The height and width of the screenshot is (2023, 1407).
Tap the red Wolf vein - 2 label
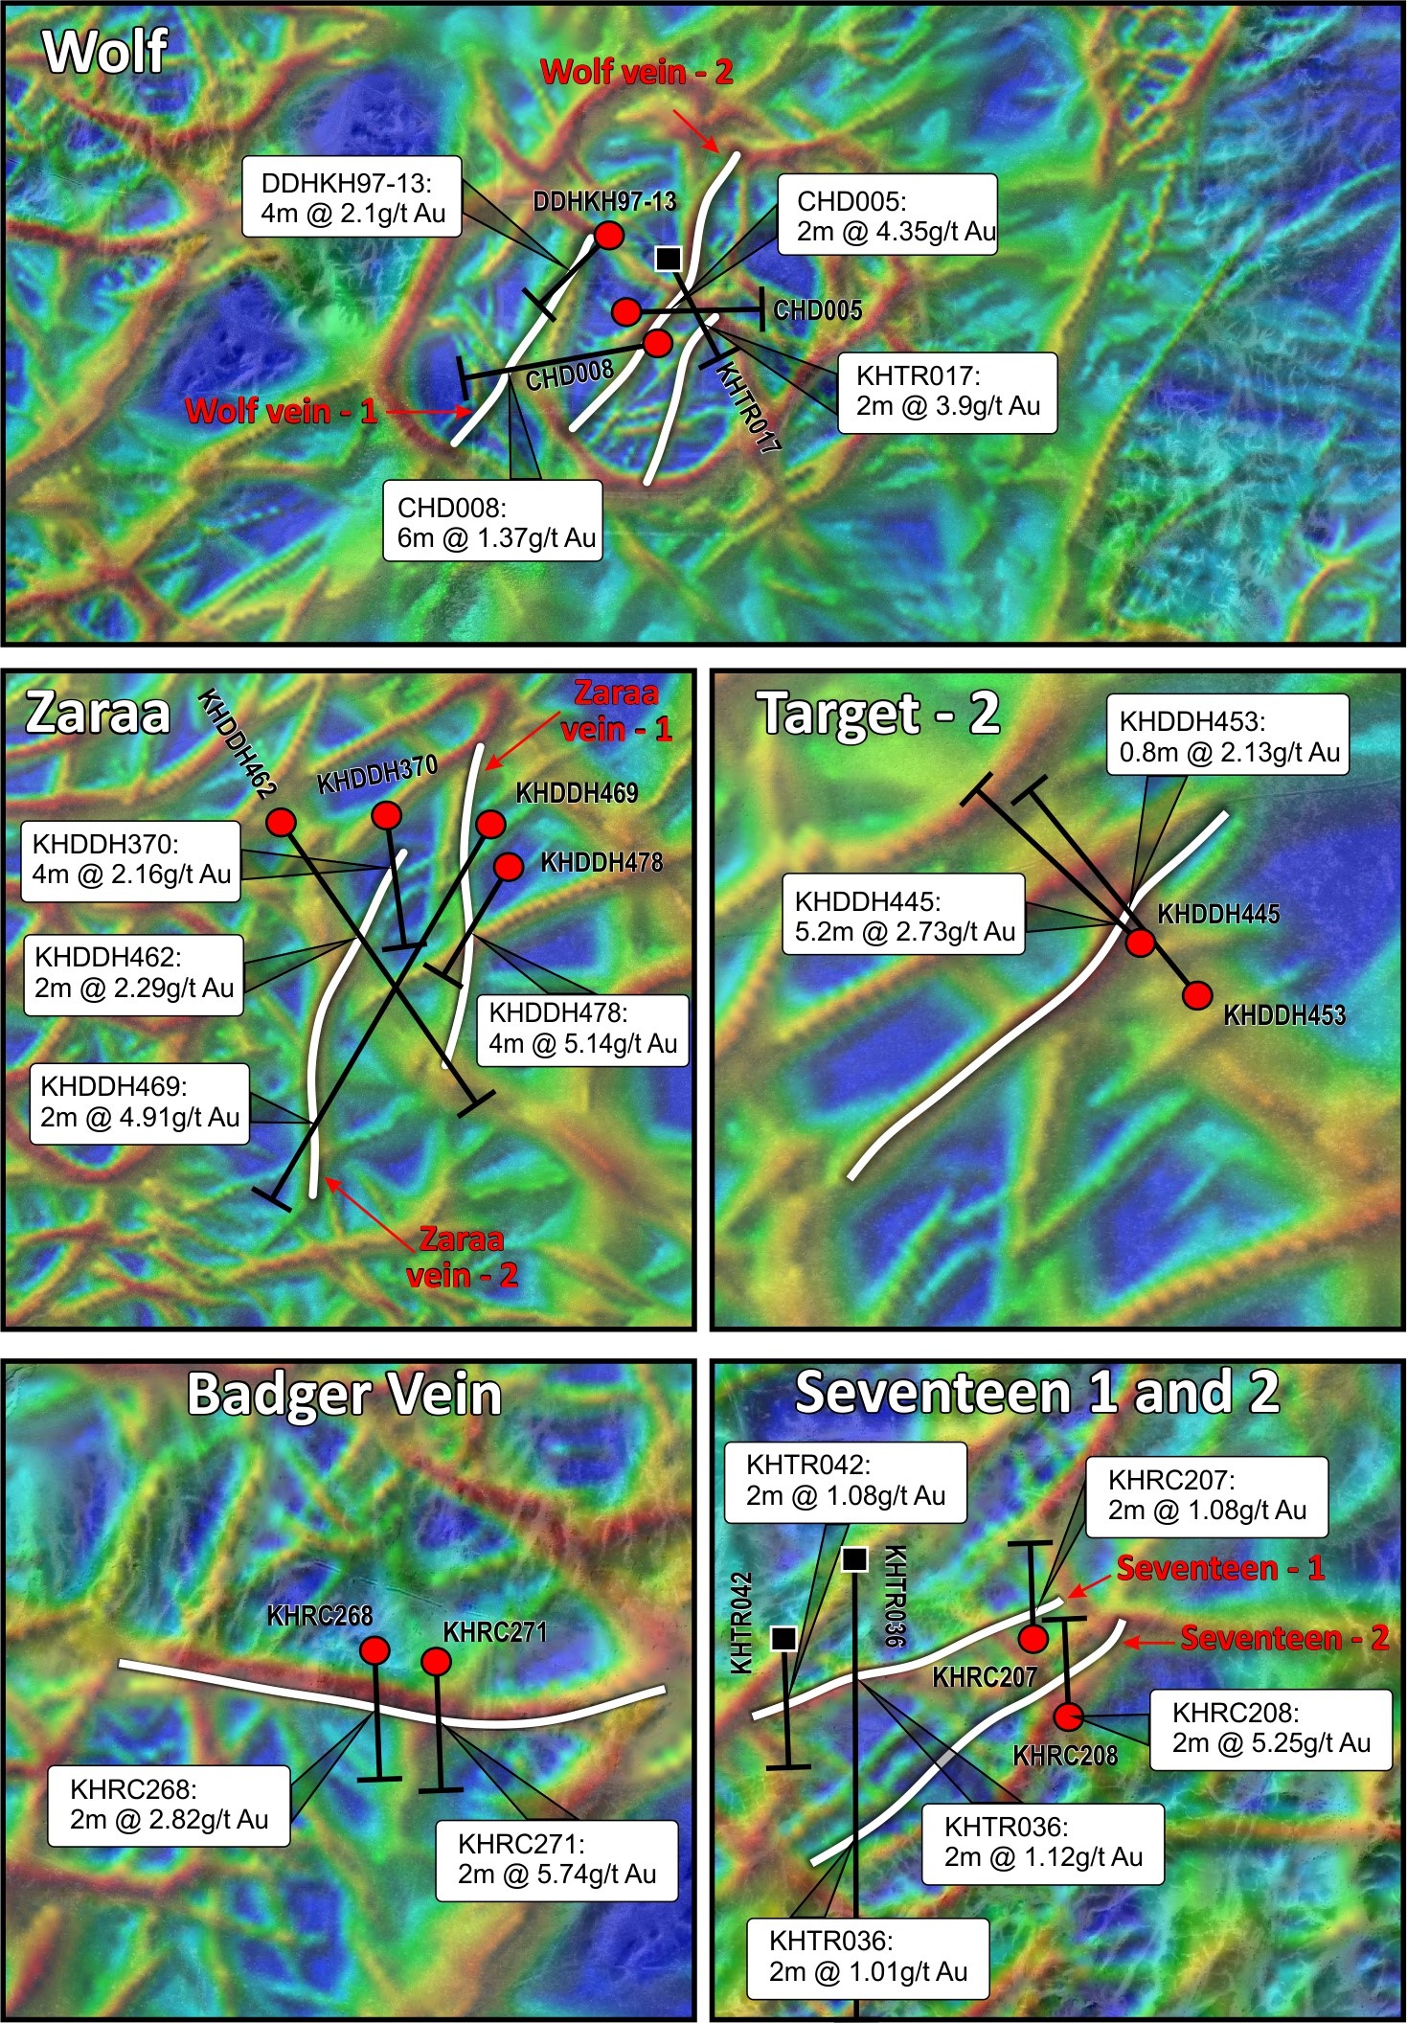(637, 72)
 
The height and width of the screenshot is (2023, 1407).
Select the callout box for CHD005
(887, 215)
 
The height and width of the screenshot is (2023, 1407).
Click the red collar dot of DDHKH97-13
(609, 235)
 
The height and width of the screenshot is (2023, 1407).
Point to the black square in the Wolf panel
(669, 258)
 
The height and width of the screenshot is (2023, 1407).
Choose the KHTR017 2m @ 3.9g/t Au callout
(947, 393)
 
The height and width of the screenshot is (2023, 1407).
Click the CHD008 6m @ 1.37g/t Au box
(493, 521)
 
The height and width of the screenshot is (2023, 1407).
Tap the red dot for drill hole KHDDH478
(509, 867)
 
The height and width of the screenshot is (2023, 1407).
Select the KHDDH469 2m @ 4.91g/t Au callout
(140, 1102)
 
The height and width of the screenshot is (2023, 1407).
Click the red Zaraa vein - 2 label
(462, 1257)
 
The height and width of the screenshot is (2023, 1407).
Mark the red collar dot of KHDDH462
(281, 822)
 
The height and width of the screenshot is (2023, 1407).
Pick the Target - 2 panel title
(878, 714)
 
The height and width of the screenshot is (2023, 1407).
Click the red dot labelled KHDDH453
(1197, 996)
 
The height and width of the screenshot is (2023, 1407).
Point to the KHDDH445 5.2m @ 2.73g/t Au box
(904, 915)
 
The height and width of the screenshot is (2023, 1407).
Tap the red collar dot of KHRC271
(437, 1661)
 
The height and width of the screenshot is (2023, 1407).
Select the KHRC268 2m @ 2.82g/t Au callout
(169, 1806)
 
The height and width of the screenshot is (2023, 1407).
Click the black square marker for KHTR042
(783, 1639)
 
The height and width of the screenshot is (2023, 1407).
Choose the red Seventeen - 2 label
(1283, 1638)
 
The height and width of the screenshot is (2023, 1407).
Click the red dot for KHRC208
(1070, 1715)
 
